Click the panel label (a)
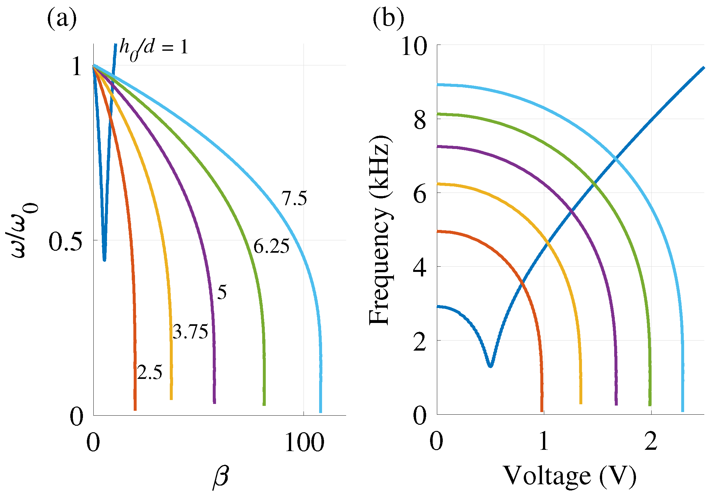click(62, 19)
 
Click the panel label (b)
click(388, 19)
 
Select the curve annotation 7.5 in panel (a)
click(294, 198)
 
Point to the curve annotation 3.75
click(190, 332)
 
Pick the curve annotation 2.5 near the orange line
click(149, 372)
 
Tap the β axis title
click(221, 477)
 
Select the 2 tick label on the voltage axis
click(651, 442)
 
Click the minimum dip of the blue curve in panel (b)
click(490, 366)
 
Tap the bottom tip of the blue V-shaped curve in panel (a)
click(104, 260)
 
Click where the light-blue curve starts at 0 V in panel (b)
click(438, 85)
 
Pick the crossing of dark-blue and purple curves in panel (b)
click(572, 211)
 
